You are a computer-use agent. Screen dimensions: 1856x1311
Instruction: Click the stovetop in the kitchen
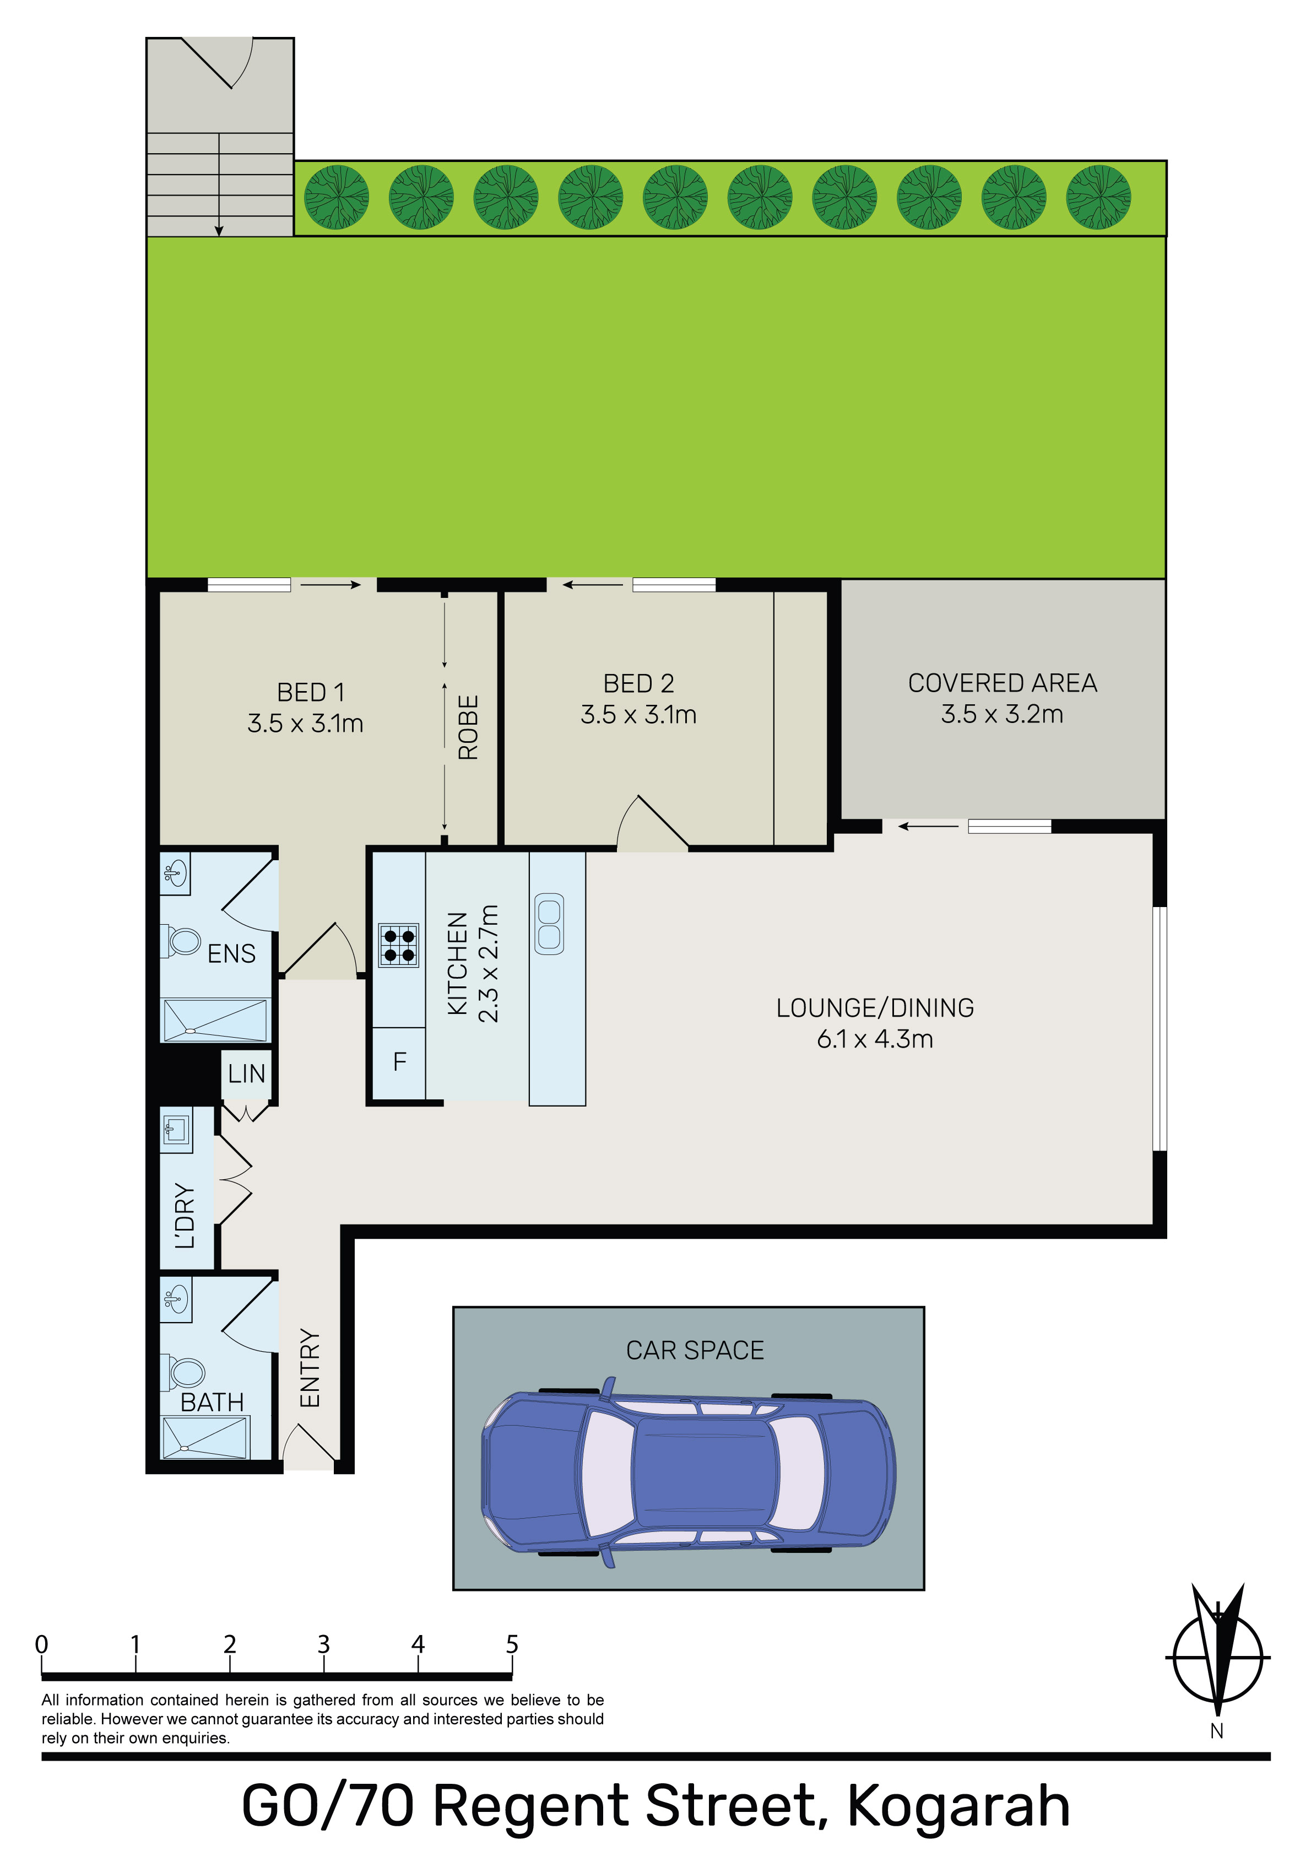[398, 945]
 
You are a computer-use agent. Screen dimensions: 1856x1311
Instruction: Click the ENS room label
[231, 954]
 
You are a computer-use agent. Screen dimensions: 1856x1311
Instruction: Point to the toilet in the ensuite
[185, 941]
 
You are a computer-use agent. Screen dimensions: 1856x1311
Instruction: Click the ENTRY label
[310, 1368]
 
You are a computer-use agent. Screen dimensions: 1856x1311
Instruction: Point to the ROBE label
[469, 727]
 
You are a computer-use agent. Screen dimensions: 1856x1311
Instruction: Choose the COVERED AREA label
[1002, 683]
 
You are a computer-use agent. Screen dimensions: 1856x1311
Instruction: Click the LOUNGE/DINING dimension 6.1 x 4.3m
[875, 1039]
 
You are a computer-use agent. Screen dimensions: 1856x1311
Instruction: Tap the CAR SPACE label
[695, 1350]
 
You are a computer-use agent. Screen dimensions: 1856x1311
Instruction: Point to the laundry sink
[176, 1129]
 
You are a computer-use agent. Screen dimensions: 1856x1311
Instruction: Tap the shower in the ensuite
[215, 1020]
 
